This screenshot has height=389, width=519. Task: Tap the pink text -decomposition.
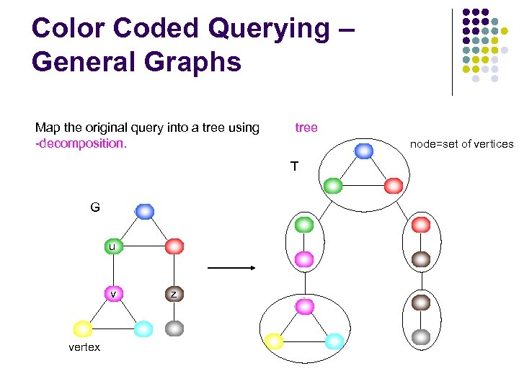point(81,143)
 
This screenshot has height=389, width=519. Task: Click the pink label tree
point(306,128)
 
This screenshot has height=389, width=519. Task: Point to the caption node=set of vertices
point(461,144)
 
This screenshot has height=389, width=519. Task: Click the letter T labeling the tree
point(294,167)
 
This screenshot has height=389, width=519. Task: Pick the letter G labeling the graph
point(95,207)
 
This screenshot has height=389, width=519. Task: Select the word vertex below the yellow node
point(84,347)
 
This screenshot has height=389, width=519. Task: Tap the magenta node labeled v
point(113,293)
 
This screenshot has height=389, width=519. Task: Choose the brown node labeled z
point(174,293)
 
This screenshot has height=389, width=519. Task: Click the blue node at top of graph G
point(145,211)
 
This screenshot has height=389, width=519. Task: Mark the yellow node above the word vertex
point(83,329)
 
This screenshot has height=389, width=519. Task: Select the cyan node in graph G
point(143,329)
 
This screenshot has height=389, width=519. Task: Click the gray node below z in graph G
point(174,328)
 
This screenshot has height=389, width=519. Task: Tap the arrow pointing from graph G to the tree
point(231,268)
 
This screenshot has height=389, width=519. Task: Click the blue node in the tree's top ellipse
point(364,151)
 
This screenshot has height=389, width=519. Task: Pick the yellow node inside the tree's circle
point(274,341)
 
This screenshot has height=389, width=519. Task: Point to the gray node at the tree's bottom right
point(421,336)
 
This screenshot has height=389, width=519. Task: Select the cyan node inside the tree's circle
point(334,341)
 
